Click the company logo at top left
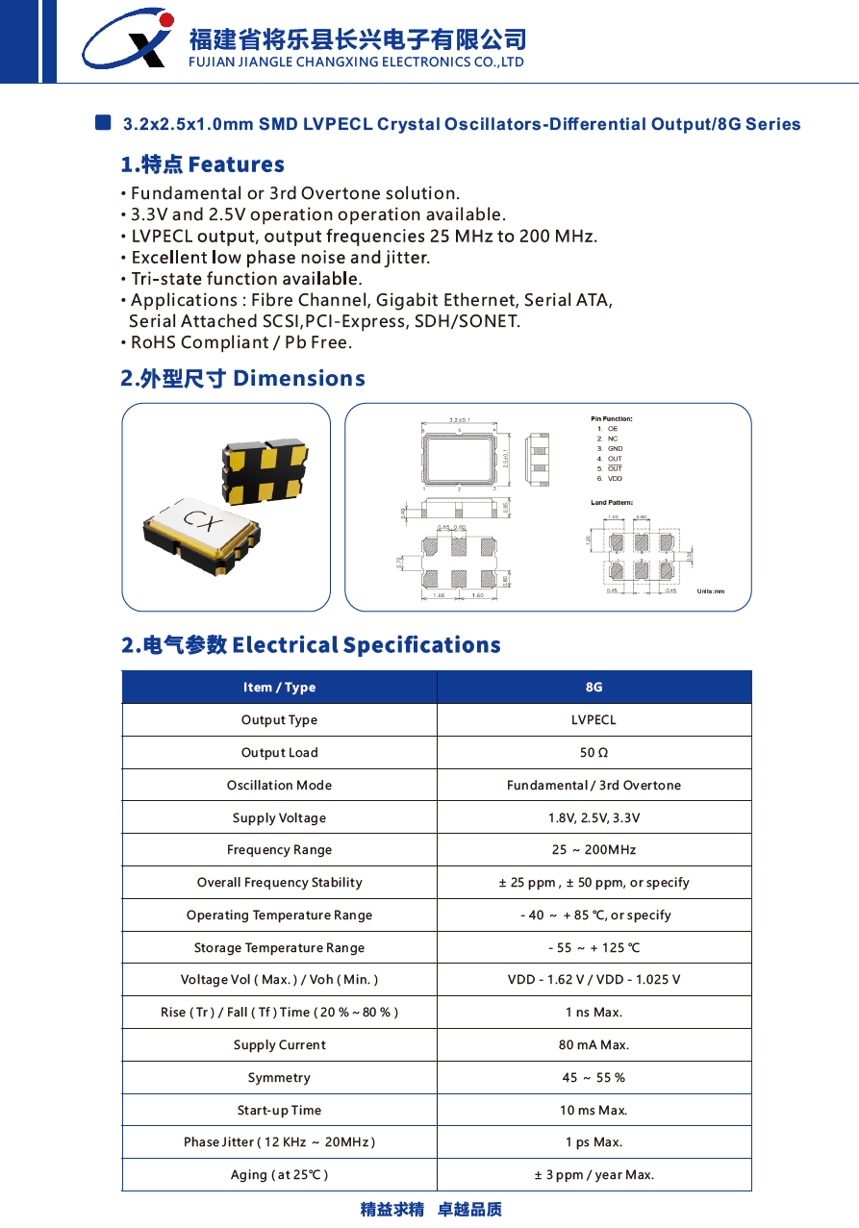[x=127, y=39]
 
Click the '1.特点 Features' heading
[x=203, y=164]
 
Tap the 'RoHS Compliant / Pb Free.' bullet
[x=241, y=342]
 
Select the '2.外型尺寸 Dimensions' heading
[x=243, y=378]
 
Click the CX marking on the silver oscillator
[x=203, y=522]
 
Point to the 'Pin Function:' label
[x=612, y=419]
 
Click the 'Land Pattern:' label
[x=612, y=503]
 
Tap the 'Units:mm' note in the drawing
[x=711, y=591]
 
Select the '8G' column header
[x=594, y=688]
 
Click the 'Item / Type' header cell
[x=279, y=688]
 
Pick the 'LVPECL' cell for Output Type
[x=594, y=720]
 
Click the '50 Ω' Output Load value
[x=594, y=753]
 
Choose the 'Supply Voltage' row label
[x=279, y=818]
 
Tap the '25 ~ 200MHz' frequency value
[x=594, y=850]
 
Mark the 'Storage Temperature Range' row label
[x=279, y=948]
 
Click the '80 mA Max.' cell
[x=594, y=1045]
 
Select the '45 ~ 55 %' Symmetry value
[x=594, y=1078]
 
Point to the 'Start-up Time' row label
[x=279, y=1111]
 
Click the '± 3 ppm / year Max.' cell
[x=594, y=1175]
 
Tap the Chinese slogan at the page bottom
[x=431, y=1210]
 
